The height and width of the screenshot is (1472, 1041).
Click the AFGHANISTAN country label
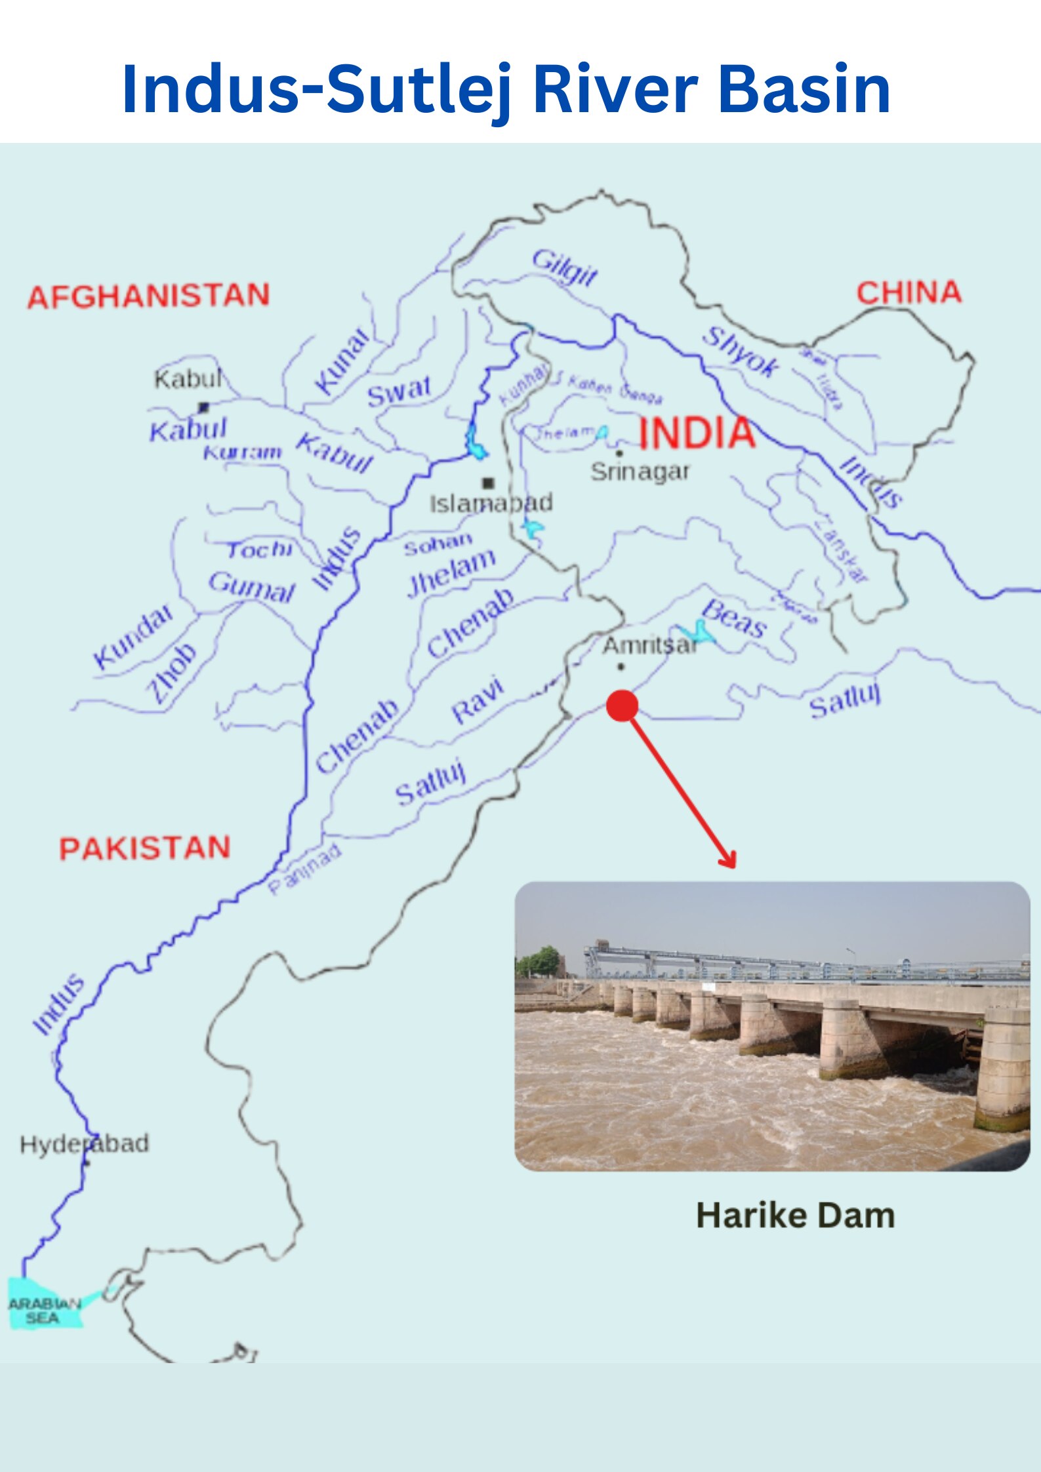coord(148,296)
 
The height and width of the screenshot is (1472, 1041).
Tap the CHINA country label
coord(908,292)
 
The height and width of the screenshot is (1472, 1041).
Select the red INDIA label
coord(697,433)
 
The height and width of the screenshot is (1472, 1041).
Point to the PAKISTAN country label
coord(145,848)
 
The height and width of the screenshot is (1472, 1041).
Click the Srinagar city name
coord(640,471)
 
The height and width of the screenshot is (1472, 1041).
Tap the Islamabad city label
coord(491,503)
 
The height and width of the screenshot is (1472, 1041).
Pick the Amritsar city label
coord(649,646)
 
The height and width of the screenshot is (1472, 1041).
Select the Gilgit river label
coord(564,267)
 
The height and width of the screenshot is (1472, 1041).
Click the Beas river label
coord(734,618)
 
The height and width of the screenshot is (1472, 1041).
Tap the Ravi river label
coord(478,700)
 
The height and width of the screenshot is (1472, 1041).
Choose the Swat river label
coord(399,391)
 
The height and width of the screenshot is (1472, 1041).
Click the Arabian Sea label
coord(44,1311)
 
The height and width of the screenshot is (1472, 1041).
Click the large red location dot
coord(622,706)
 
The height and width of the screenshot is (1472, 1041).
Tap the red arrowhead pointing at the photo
coord(729,860)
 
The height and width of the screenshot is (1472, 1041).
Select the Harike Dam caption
coord(795,1215)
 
